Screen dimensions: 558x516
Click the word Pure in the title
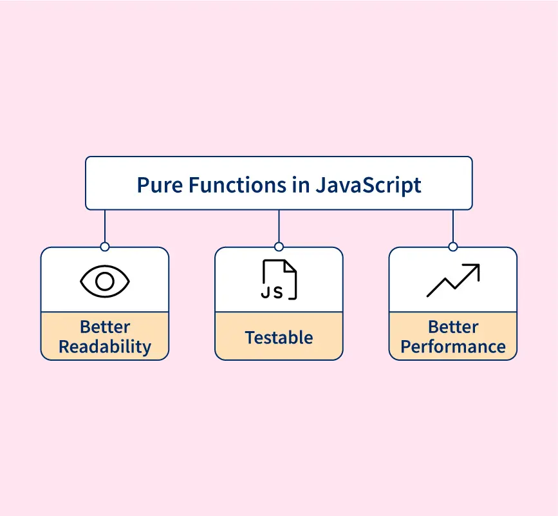[x=160, y=186]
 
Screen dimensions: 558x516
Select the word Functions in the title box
[x=237, y=185]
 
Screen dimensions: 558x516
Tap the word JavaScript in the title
[x=368, y=186]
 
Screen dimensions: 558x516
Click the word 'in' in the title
[x=301, y=185]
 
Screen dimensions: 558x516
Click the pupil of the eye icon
[x=105, y=282]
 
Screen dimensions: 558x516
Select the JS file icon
[x=279, y=280]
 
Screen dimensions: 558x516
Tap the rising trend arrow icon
[x=453, y=280]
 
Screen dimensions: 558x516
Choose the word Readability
[x=105, y=347]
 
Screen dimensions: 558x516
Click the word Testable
[x=279, y=338]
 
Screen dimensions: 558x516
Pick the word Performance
[x=453, y=347]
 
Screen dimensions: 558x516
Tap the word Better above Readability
[x=105, y=327]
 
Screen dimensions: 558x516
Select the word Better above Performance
[x=453, y=327]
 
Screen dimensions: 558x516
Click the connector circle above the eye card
[x=105, y=247]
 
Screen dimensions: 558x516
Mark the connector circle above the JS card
[x=279, y=247]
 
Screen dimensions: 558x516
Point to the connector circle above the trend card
[x=453, y=247]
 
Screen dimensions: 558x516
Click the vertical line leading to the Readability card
[x=105, y=226]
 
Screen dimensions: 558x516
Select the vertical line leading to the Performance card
[x=453, y=226]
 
